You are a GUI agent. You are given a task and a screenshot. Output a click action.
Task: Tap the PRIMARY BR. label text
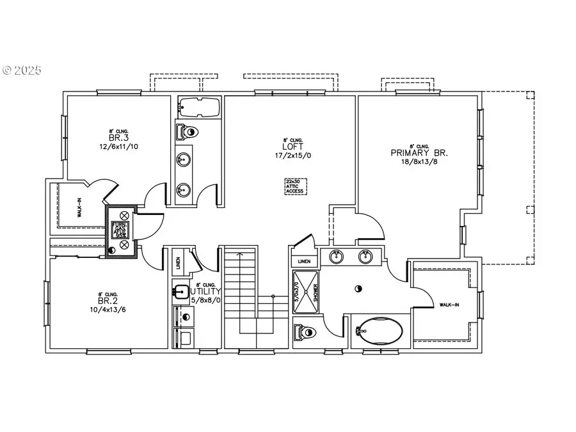[x=419, y=153]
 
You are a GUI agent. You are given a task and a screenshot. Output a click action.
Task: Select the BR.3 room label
[x=114, y=138]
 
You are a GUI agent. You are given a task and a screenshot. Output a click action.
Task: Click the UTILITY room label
[x=206, y=291]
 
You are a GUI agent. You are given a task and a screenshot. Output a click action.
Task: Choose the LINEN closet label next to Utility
[x=178, y=262]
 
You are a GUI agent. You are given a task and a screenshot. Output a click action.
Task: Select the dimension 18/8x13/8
[x=420, y=162]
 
